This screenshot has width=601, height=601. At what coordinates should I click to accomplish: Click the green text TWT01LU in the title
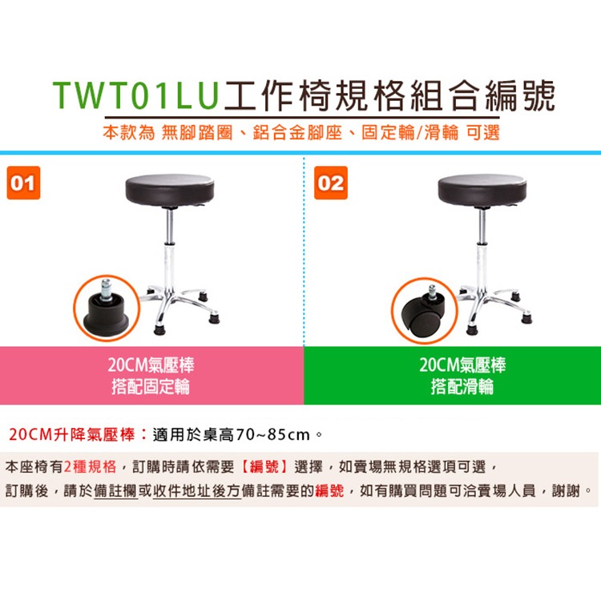136,95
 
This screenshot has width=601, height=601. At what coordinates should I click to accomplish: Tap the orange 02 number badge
331,183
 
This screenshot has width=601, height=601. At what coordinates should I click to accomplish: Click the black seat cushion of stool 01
170,191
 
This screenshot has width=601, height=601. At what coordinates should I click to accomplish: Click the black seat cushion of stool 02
482,191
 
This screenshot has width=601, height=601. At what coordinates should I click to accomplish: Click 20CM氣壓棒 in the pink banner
151,366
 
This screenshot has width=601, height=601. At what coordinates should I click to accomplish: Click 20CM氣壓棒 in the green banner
462,366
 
